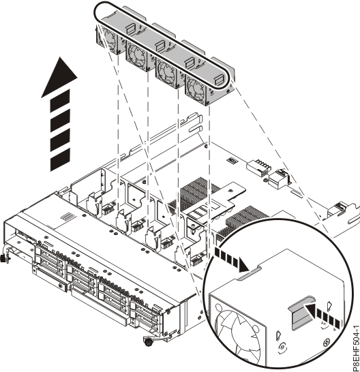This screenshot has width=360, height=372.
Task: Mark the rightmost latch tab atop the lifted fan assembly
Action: click(x=219, y=78)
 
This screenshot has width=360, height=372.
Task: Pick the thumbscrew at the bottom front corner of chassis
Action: click(x=147, y=339)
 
